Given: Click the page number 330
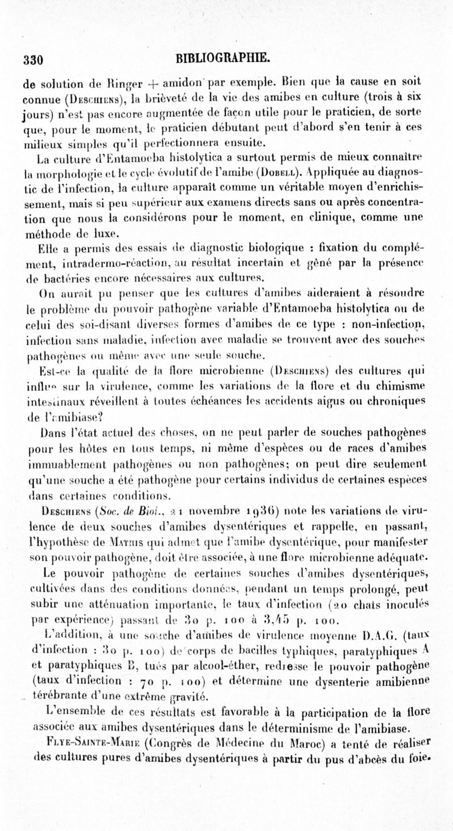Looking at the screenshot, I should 33,59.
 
